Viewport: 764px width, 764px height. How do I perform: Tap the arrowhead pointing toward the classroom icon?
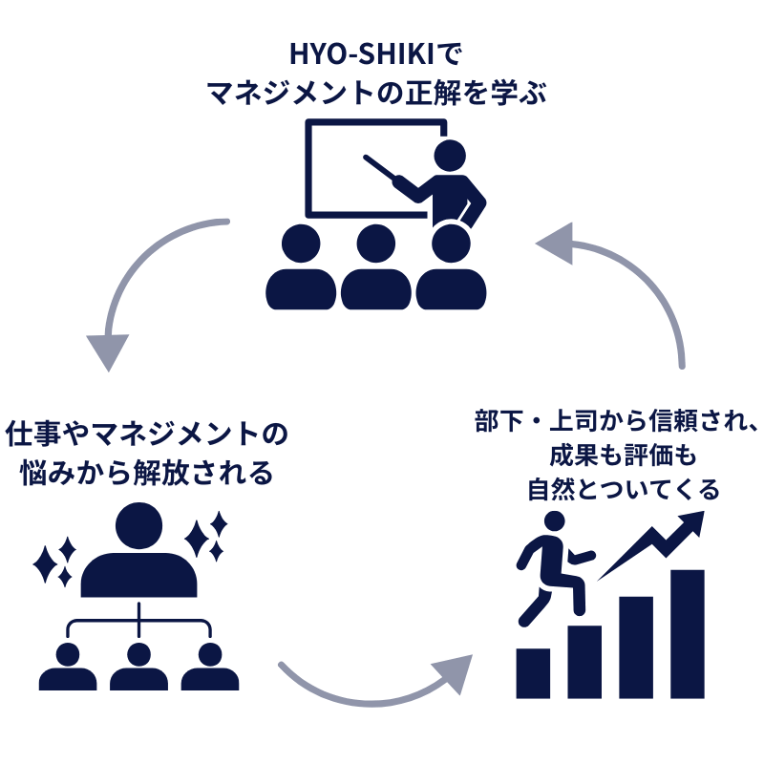pos(555,243)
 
